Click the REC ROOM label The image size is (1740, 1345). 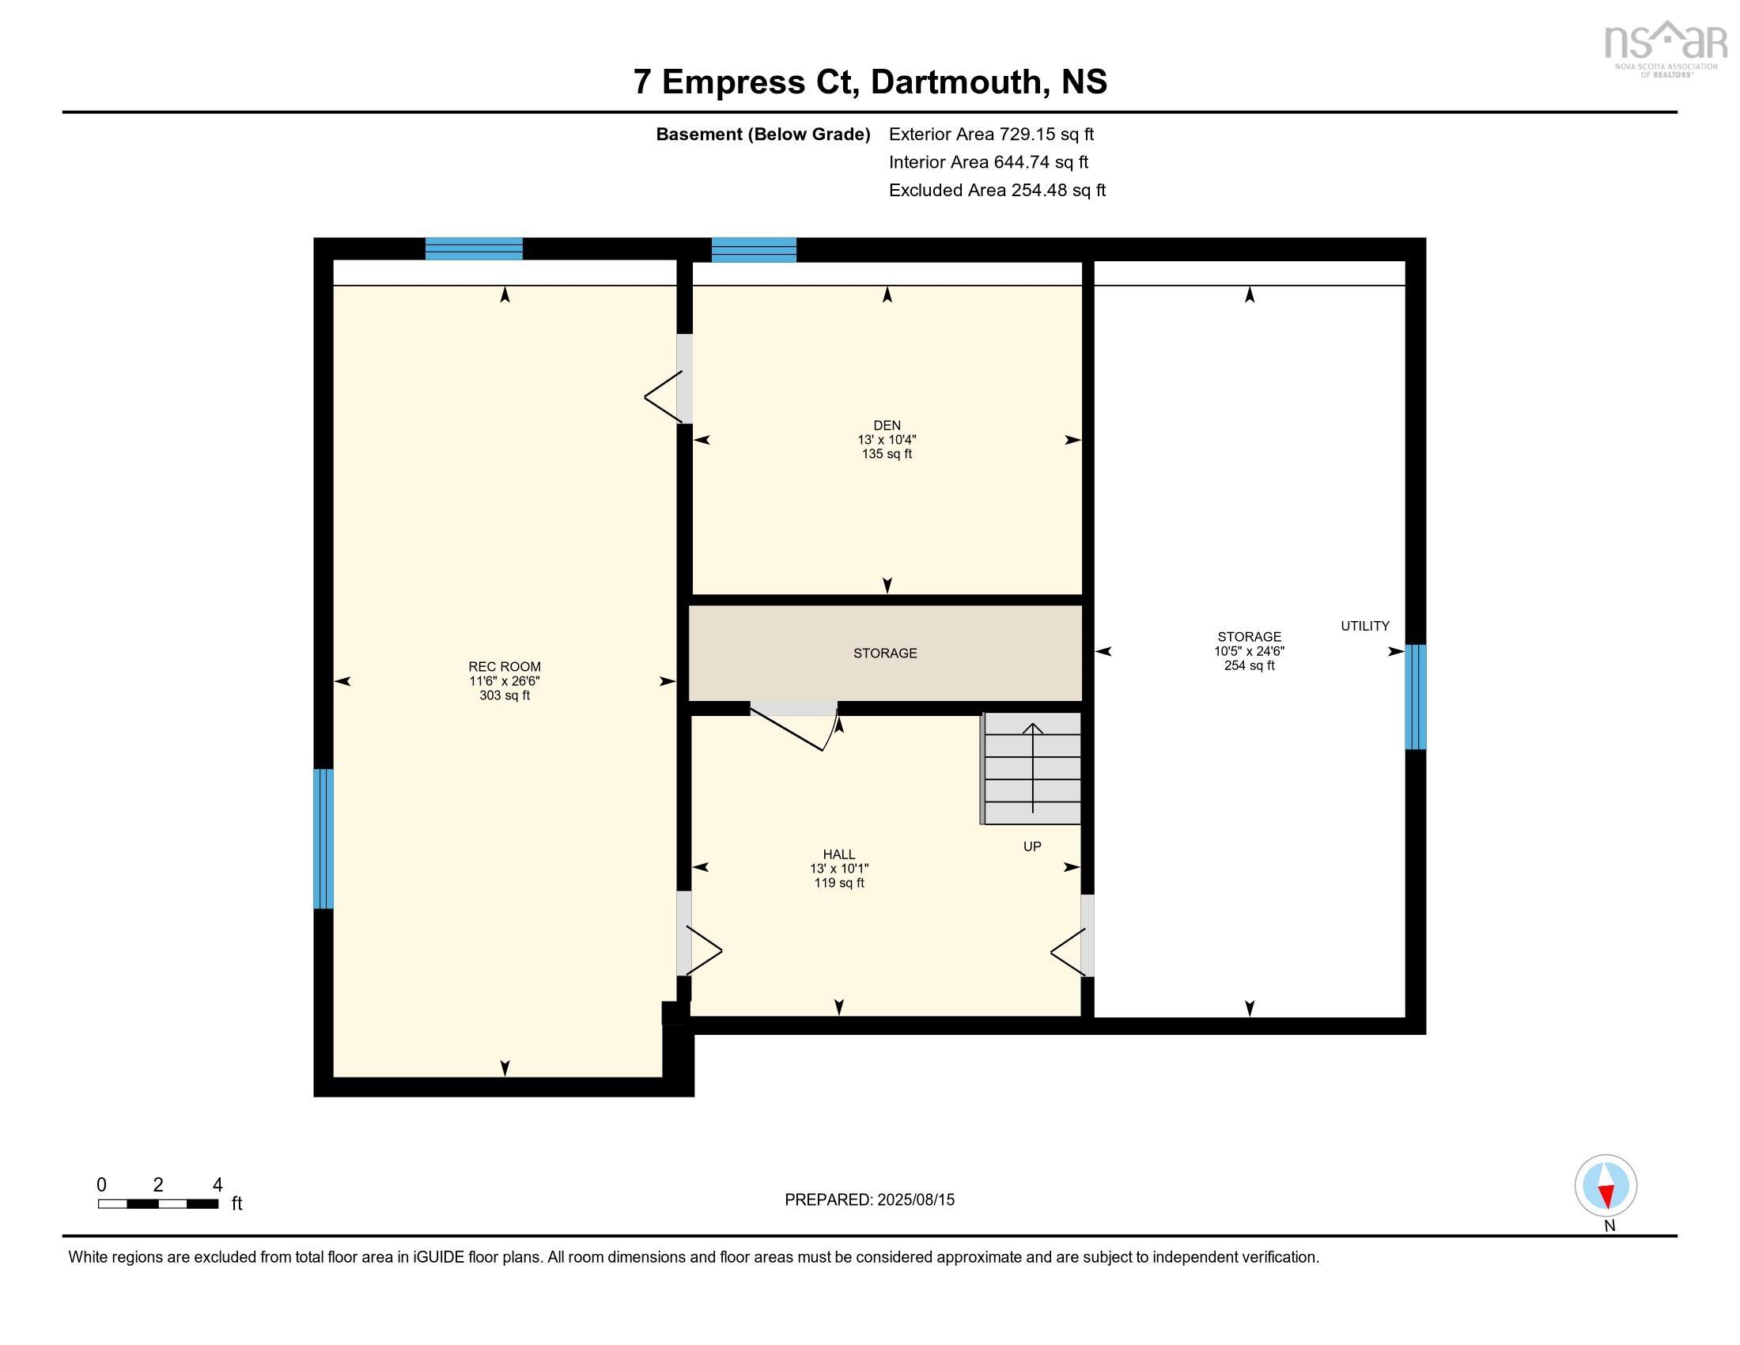pyautogui.click(x=505, y=667)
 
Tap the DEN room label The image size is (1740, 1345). pyautogui.click(x=887, y=426)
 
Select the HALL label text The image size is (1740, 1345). pyautogui.click(x=839, y=854)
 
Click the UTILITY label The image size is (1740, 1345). pyautogui.click(x=1365, y=627)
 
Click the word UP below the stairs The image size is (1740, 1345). pyautogui.click(x=1031, y=847)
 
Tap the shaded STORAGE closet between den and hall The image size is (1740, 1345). pyautogui.click(x=885, y=654)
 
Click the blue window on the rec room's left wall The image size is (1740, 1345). pyautogui.click(x=323, y=838)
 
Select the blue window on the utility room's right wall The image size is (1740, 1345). pyautogui.click(x=1415, y=697)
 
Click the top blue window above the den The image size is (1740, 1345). pyautogui.click(x=754, y=249)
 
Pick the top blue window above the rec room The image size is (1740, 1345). pyautogui.click(x=474, y=248)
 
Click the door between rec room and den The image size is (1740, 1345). pyautogui.click(x=682, y=379)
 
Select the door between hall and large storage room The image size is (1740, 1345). pyautogui.click(x=1087, y=935)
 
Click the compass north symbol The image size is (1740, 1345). pyautogui.click(x=1606, y=1186)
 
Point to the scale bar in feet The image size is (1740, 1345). pyautogui.click(x=158, y=1203)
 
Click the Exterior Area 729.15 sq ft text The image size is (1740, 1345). pyautogui.click(x=991, y=134)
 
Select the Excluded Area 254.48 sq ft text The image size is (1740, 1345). pyautogui.click(x=997, y=191)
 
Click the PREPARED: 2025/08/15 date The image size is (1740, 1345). pyautogui.click(x=869, y=1199)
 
